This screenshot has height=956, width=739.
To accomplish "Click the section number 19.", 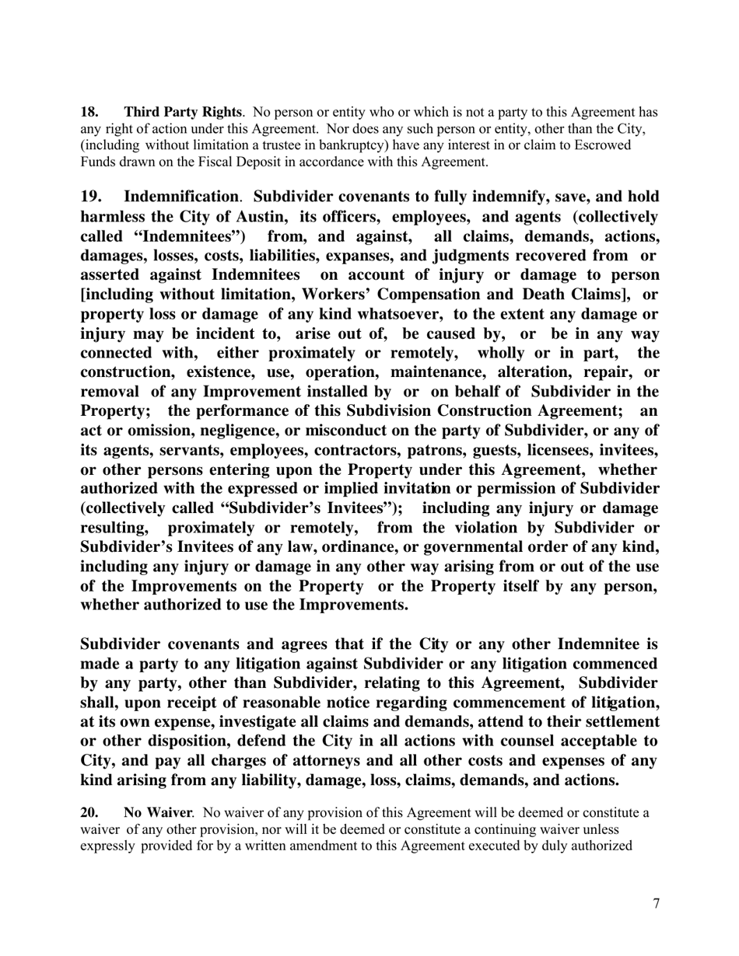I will (92, 197).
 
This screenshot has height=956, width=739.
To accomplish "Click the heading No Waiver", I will (157, 813).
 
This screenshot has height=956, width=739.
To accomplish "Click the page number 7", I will (656, 904).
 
